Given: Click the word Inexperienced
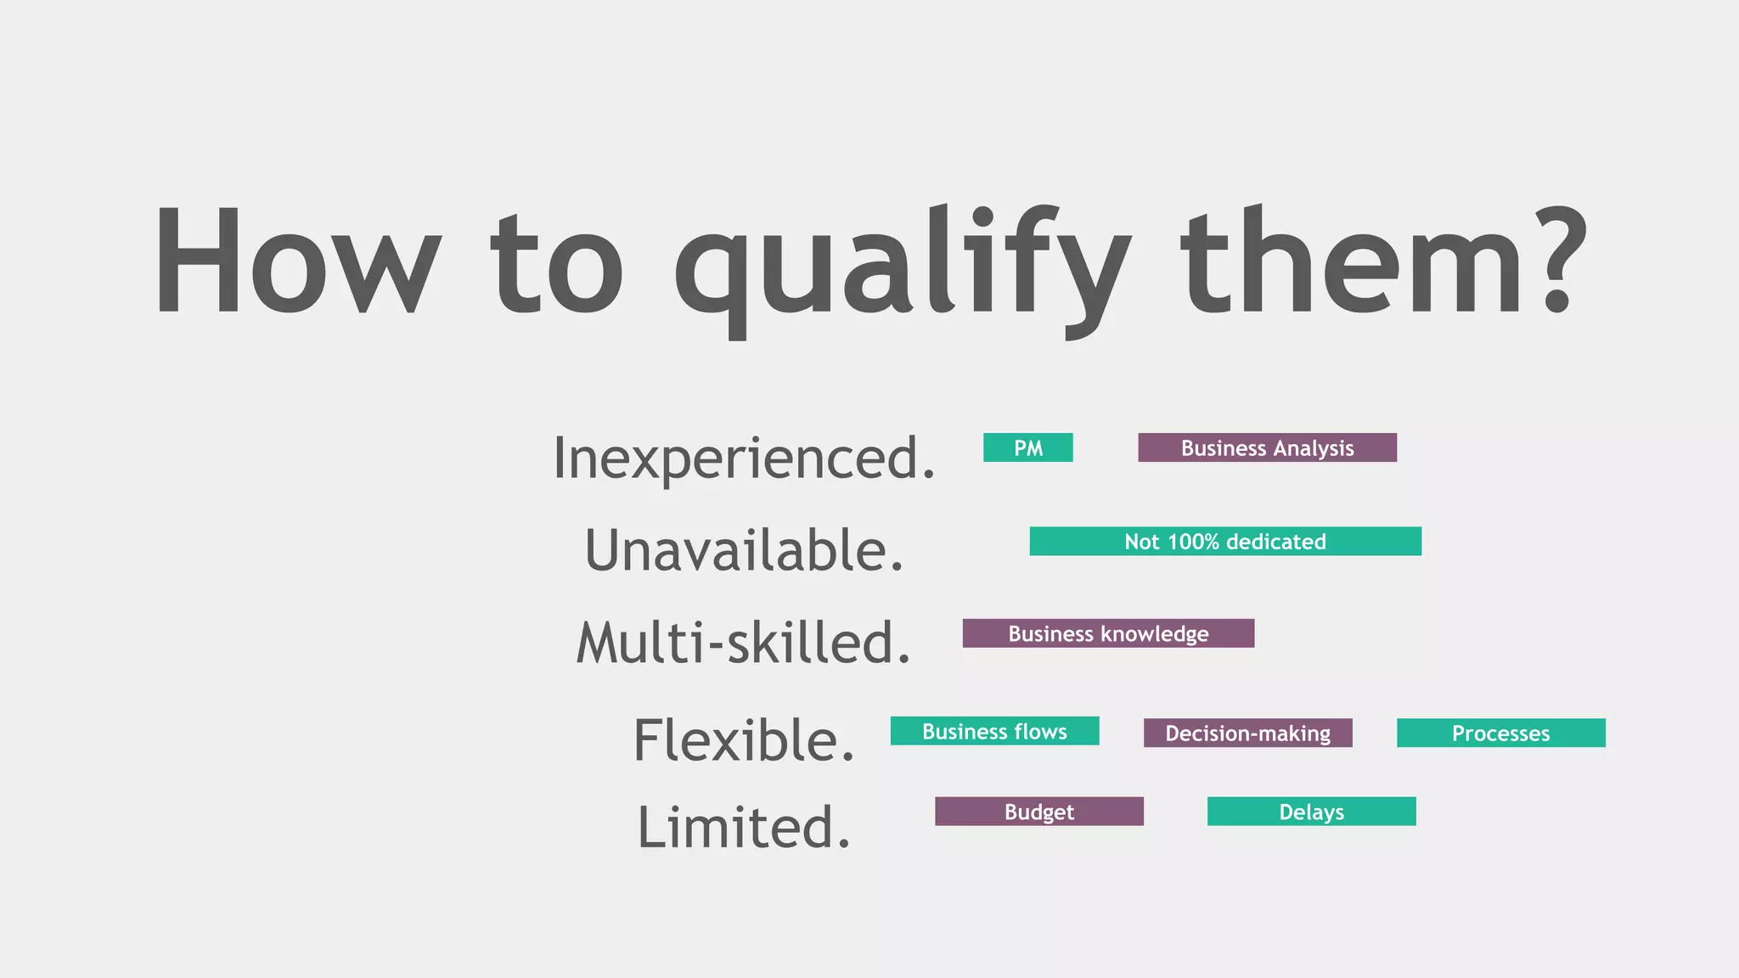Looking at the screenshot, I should [x=744, y=458].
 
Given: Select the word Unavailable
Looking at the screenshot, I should [x=744, y=550].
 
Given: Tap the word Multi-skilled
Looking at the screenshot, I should [x=744, y=643].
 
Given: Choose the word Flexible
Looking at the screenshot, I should [x=744, y=740].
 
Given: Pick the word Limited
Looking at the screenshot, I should [x=744, y=828].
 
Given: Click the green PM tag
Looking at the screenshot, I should [x=1027, y=447].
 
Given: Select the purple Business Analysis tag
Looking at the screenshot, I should [x=1267, y=447].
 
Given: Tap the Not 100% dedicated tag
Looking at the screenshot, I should [x=1225, y=542].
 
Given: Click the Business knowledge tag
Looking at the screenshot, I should [x=1108, y=633].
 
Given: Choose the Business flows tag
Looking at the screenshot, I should [x=994, y=731].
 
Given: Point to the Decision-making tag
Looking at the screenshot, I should [x=1247, y=733].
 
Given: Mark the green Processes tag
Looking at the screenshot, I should [x=1500, y=733].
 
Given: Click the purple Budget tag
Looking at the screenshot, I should [x=1038, y=812].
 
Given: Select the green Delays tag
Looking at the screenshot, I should [x=1311, y=812].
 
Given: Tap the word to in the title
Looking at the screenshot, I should [x=557, y=263].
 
